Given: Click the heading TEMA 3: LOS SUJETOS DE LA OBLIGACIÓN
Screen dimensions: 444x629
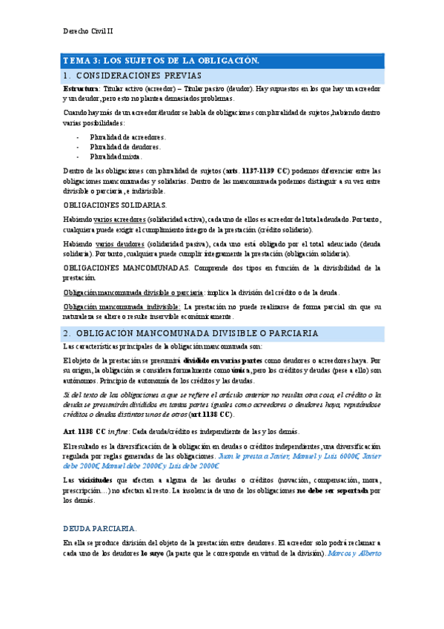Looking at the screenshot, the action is pyautogui.click(x=160, y=60).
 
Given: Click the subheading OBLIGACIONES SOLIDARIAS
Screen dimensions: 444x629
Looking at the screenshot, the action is pyautogui.click(x=116, y=205).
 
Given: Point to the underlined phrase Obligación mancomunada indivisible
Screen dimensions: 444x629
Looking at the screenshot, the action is pyautogui.click(x=122, y=306).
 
